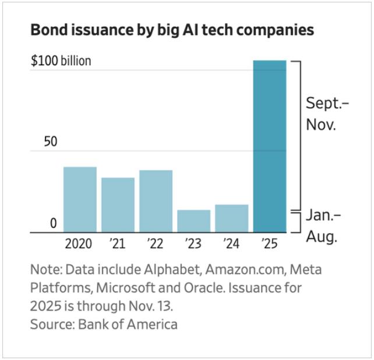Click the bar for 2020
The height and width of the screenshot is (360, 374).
(80, 200)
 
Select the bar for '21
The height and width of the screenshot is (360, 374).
(118, 205)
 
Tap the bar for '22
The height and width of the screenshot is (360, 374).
(156, 201)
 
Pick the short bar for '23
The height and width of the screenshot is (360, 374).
(193, 221)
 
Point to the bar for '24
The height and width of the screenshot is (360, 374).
(231, 218)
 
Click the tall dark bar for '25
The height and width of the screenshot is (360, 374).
(270, 146)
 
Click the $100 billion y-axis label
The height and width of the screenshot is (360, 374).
(61, 61)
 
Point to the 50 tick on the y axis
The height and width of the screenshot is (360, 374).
(52, 142)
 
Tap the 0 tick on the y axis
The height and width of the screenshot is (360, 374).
(53, 223)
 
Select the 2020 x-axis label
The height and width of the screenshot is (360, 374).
(79, 243)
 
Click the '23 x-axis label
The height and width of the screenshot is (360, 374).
(193, 243)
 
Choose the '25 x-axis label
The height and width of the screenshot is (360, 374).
(270, 243)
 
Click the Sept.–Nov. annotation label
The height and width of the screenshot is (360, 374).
(327, 114)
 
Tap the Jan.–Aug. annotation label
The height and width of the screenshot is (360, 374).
(323, 226)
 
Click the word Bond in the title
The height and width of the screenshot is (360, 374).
(48, 30)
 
